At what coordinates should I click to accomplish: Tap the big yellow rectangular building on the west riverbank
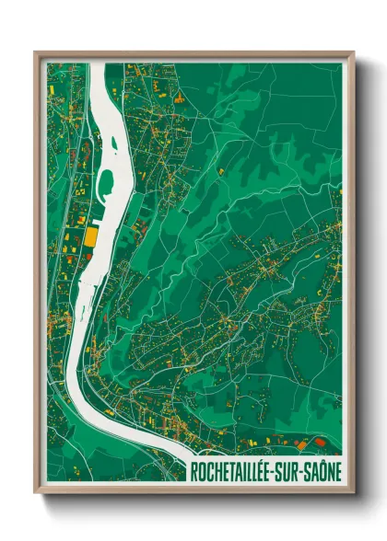pyautogui.click(x=90, y=236)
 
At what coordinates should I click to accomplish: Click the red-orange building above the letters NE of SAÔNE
pyautogui.click(x=320, y=443)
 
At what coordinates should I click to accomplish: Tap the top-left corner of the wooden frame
pyautogui.click(x=36, y=52)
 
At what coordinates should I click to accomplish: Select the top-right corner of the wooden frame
pyautogui.click(x=353, y=52)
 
